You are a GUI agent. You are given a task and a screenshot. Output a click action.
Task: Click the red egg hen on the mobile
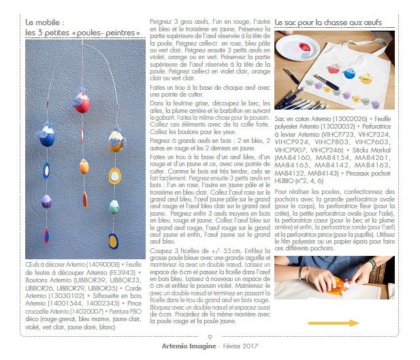[x=82, y=103]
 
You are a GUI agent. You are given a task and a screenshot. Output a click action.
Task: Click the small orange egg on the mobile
[x=83, y=165]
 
